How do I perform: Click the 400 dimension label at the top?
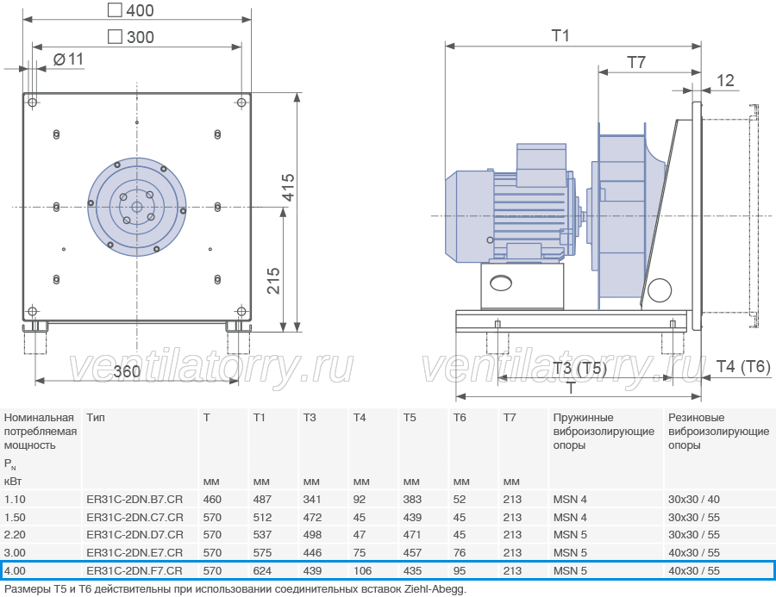coord(131,10)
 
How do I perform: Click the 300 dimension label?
coord(131,37)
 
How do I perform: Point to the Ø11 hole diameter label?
coord(68,59)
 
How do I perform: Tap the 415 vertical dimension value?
coord(288,188)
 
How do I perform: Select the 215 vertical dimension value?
coord(273,281)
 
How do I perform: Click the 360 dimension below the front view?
coord(128,371)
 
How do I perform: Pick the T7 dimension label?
coord(636,62)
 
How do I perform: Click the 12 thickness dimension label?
coord(725,81)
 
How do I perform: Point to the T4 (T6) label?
coord(743,366)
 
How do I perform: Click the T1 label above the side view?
coord(560,35)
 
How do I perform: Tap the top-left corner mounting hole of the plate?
coord(32,103)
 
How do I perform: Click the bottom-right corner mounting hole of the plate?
coord(241,311)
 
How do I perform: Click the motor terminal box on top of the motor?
coord(541,165)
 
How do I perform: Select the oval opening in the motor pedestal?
coord(500,283)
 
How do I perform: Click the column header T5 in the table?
coord(410,418)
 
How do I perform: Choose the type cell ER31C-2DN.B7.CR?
coord(135,500)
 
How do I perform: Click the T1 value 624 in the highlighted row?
coord(262,571)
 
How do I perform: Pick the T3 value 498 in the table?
coord(312,535)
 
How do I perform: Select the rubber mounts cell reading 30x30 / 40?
coord(694,500)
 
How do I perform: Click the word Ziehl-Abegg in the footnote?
coord(435,589)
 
